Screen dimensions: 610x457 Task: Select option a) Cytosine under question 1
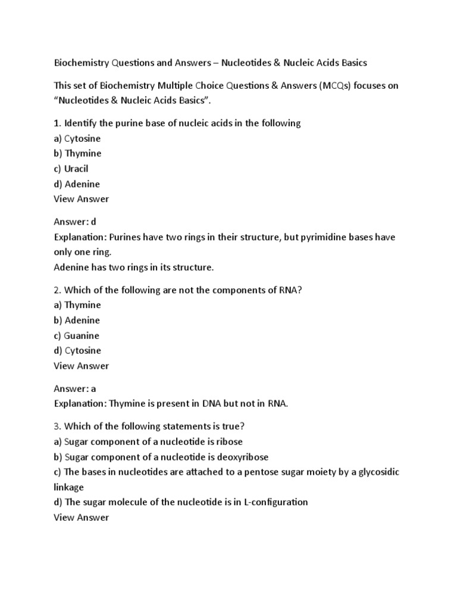(x=77, y=138)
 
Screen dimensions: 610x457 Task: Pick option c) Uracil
(x=71, y=169)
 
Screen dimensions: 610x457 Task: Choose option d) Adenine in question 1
(x=77, y=184)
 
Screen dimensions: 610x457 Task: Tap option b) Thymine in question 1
(x=77, y=154)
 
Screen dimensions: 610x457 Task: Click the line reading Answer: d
(x=75, y=222)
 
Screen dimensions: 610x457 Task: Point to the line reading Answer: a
(x=75, y=388)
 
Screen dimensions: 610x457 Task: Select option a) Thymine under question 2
(x=77, y=305)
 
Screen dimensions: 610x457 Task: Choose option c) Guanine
(x=77, y=335)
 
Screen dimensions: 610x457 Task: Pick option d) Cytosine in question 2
(x=77, y=350)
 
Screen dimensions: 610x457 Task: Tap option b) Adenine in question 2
(x=77, y=320)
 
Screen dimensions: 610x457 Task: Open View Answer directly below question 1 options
(x=82, y=199)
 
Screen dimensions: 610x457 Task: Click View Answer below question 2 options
(x=82, y=366)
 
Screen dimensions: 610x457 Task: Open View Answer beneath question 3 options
(x=82, y=517)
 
